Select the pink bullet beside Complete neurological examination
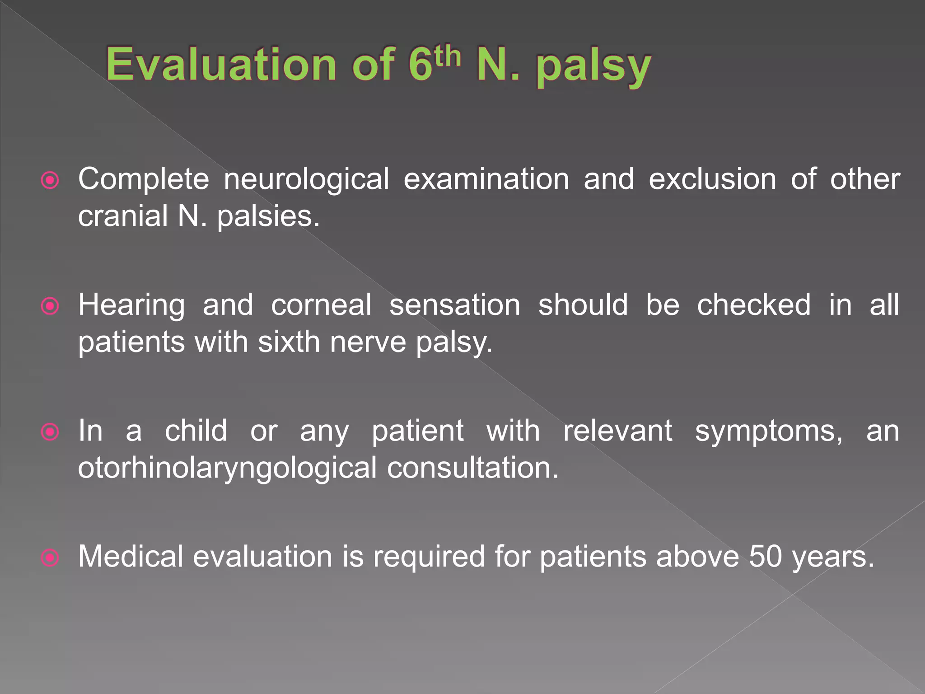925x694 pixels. point(50,180)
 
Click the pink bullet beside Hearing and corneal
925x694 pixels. point(50,306)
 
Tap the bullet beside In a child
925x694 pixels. point(50,432)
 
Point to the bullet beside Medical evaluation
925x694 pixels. point(50,557)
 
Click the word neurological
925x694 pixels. point(306,179)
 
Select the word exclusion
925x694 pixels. point(712,179)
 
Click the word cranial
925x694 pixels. point(122,216)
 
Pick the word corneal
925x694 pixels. point(321,305)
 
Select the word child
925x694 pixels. point(196,431)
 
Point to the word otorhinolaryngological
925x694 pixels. point(227,469)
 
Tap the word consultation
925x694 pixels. point(473,468)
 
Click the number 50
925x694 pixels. point(765,556)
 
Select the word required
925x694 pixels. point(429,557)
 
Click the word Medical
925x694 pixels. point(131,556)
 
